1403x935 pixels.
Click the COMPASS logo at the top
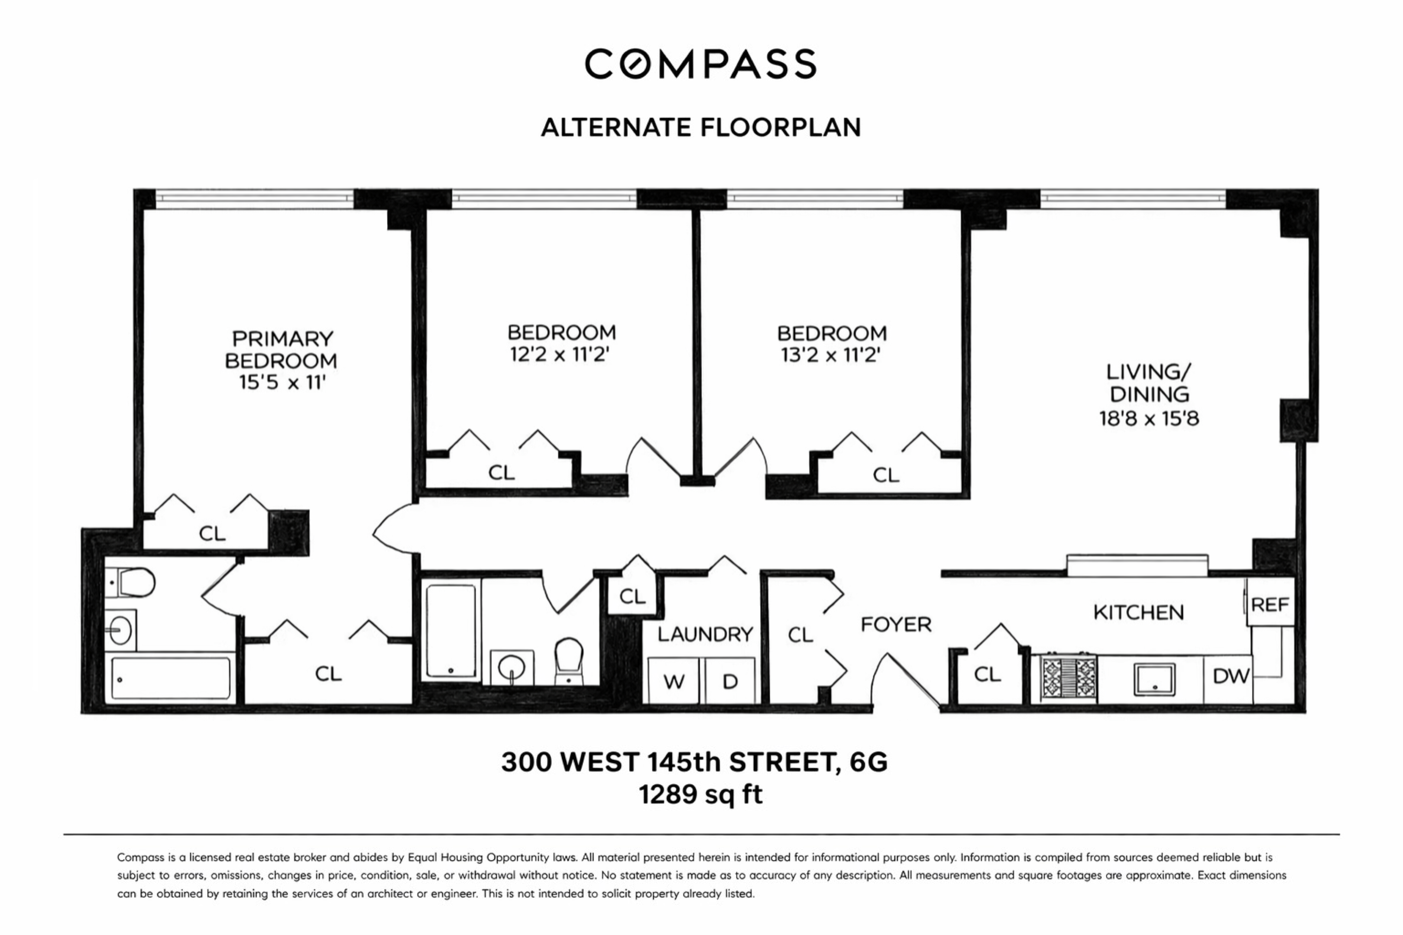(700, 64)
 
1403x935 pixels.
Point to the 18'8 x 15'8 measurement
(1148, 419)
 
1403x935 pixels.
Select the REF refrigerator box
(1270, 605)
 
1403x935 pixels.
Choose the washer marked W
(674, 681)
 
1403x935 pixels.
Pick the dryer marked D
(729, 681)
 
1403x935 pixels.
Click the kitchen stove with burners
(1068, 677)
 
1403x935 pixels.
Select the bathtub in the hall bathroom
(451, 631)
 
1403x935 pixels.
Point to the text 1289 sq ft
(700, 795)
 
